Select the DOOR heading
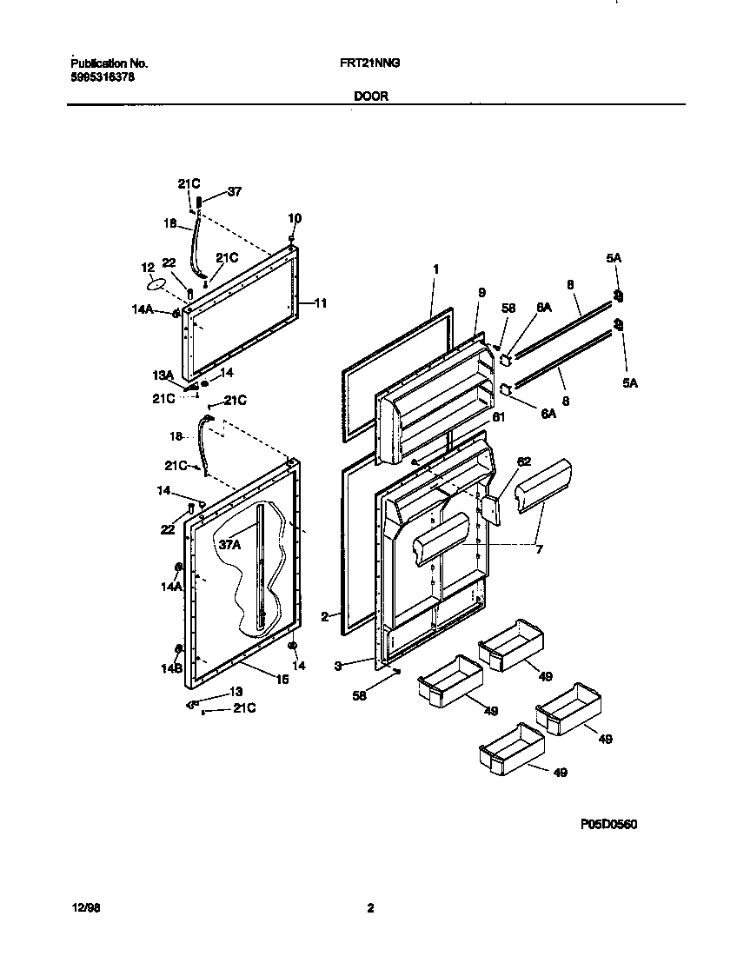pyautogui.click(x=371, y=97)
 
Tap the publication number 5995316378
pyautogui.click(x=102, y=77)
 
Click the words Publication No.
pyautogui.click(x=109, y=63)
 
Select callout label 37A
pyautogui.click(x=229, y=545)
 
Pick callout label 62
pyautogui.click(x=524, y=461)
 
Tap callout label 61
pyautogui.click(x=498, y=417)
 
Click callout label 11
pyautogui.click(x=320, y=303)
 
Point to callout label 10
pyautogui.click(x=294, y=218)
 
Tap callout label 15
pyautogui.click(x=282, y=680)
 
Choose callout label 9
pyautogui.click(x=481, y=293)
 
